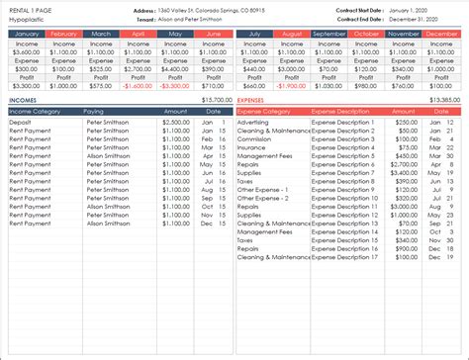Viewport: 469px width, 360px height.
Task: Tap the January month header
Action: [26, 34]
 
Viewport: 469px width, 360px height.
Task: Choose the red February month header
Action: [63, 34]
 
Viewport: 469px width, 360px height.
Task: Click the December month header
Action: [441, 34]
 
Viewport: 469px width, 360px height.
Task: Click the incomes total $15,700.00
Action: [217, 100]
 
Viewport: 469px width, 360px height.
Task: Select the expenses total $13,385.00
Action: [445, 100]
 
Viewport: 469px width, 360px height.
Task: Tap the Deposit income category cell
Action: [21, 122]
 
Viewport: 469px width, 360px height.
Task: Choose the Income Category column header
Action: [36, 112]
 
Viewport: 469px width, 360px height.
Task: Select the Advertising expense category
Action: [254, 122]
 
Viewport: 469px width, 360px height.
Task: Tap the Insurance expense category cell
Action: [252, 146]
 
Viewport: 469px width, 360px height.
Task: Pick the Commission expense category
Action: [255, 138]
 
